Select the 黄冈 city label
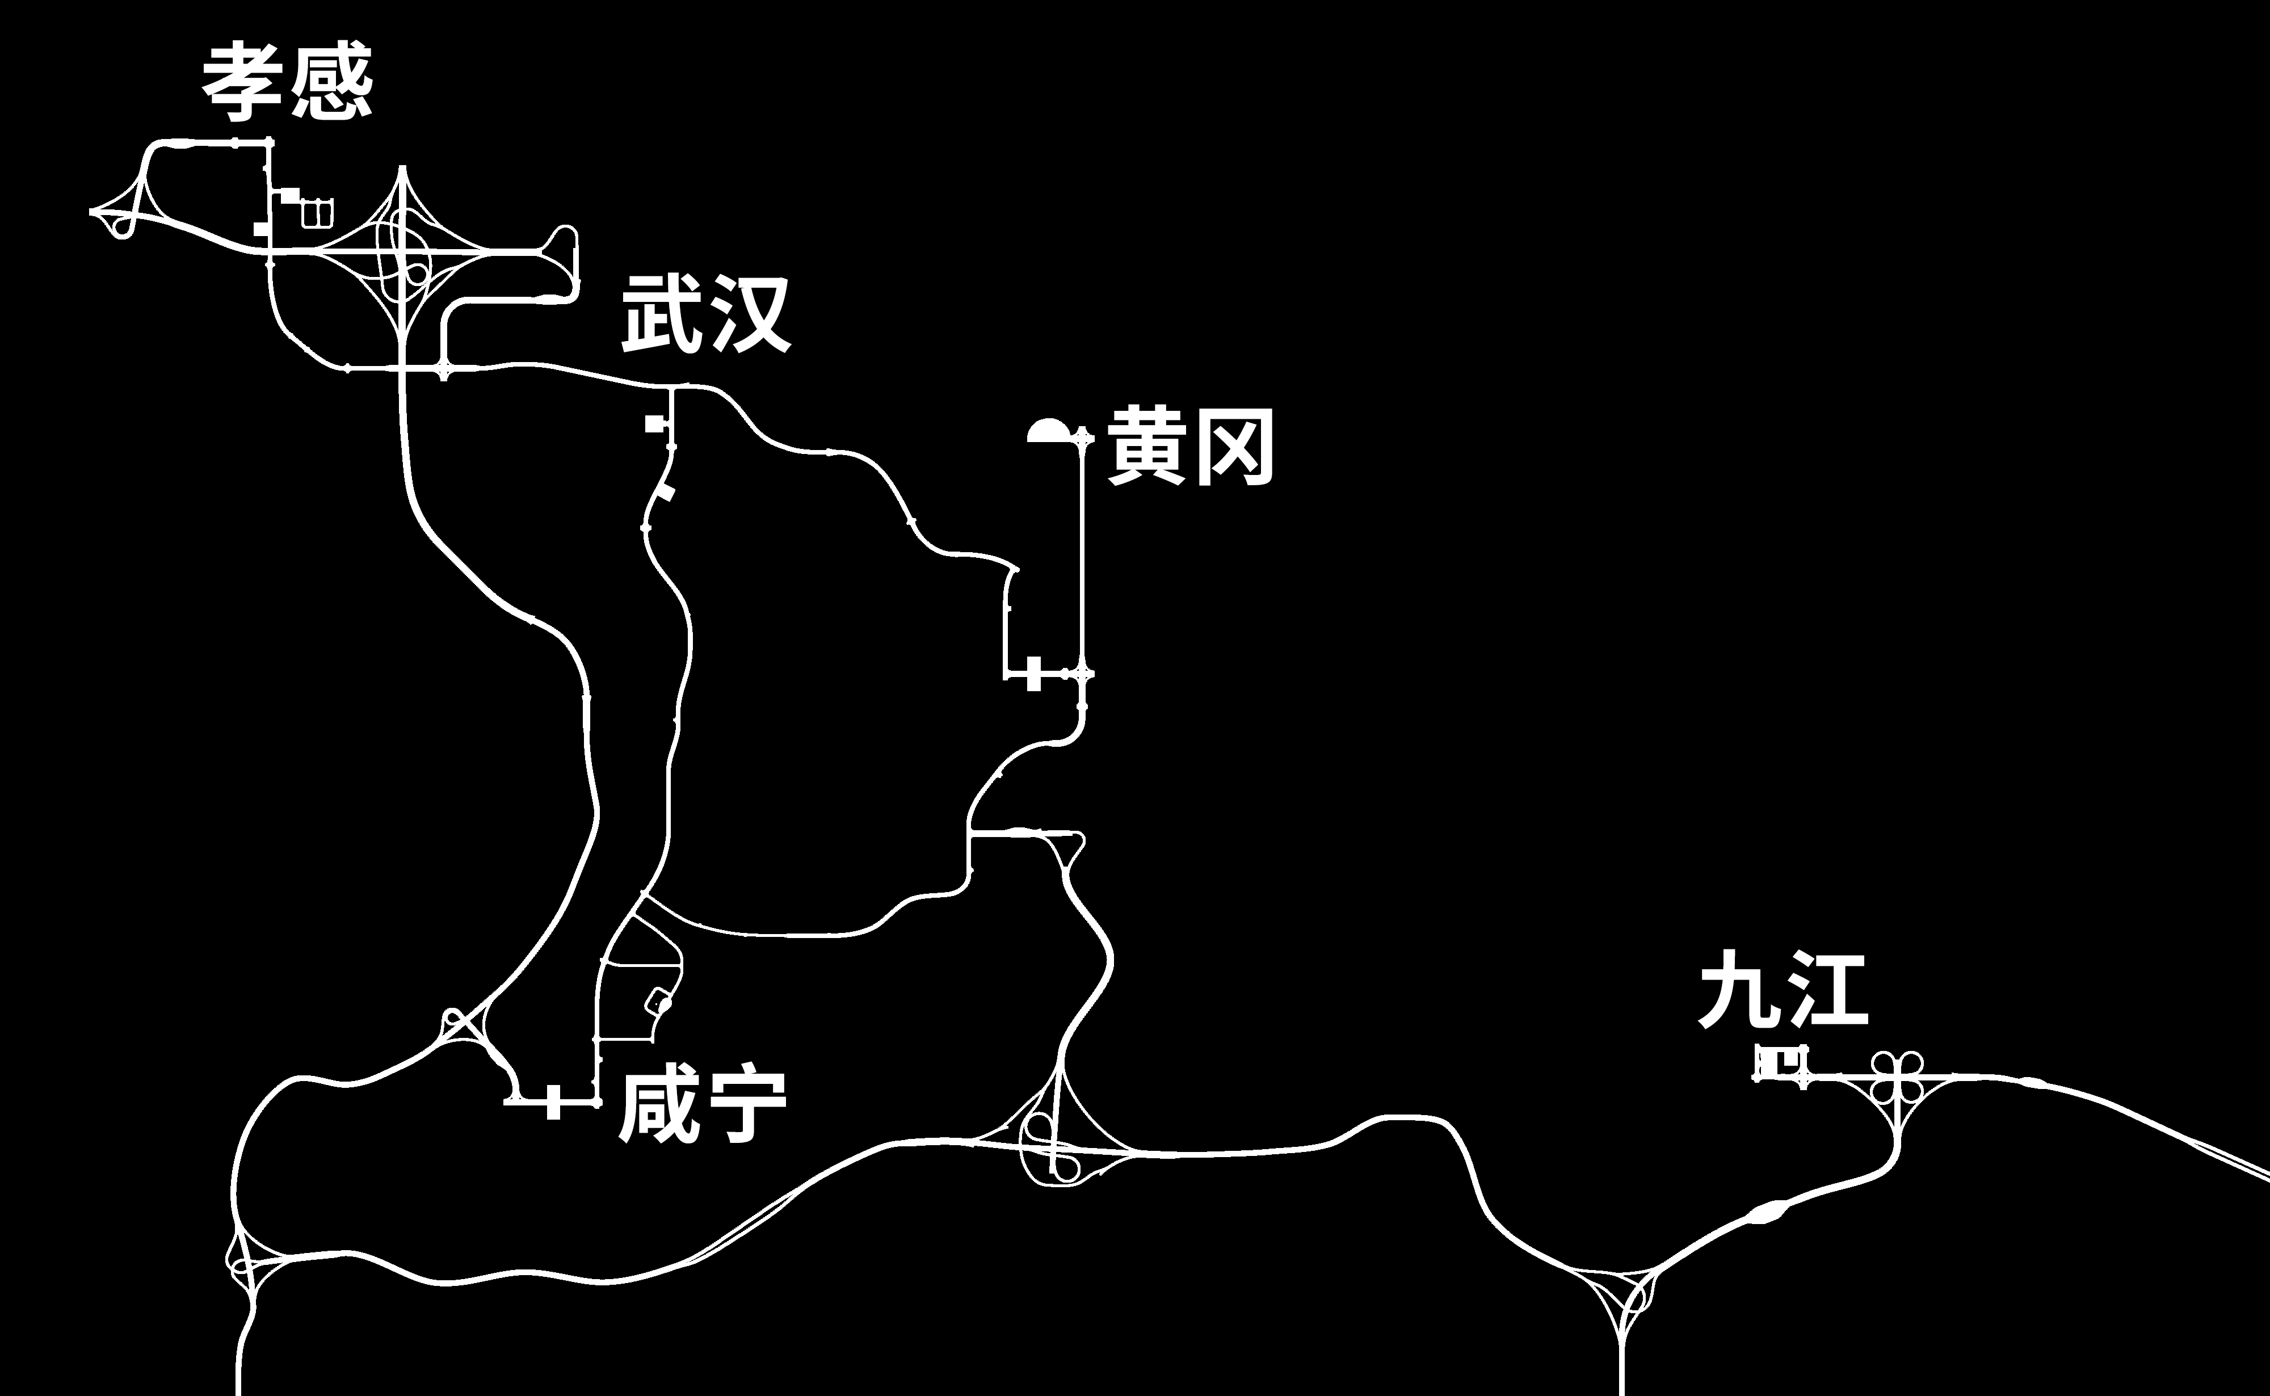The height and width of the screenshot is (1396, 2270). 1191,448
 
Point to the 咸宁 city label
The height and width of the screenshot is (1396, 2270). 701,1106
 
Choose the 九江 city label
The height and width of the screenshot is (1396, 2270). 1784,991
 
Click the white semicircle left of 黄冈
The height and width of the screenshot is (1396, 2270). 1048,432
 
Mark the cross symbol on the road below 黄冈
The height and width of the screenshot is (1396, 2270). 1033,674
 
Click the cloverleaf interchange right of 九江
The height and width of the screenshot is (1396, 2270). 1897,1077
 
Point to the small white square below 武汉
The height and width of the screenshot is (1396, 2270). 654,423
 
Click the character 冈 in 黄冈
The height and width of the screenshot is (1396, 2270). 1235,448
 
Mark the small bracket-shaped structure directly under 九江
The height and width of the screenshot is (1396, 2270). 1781,1063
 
